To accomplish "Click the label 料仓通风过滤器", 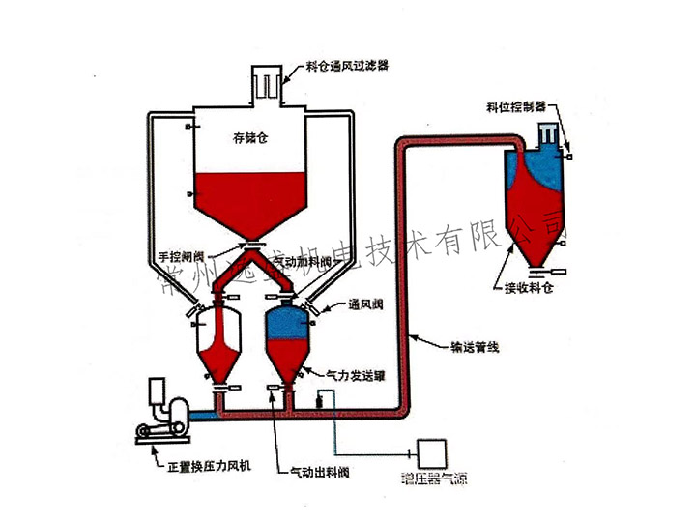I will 347,68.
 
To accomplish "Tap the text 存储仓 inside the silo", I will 249,138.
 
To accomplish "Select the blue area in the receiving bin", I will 539,171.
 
